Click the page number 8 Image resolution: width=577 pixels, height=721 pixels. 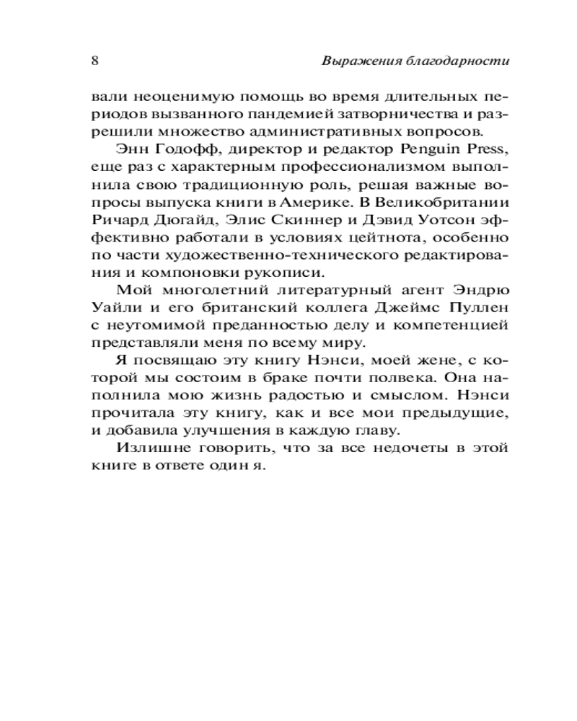[95, 61]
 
